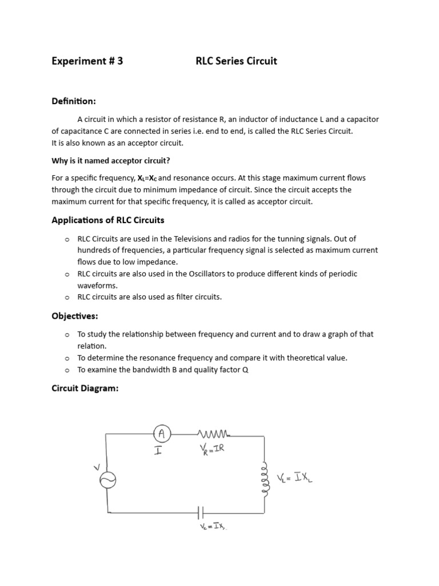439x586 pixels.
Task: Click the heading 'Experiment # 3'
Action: click(x=87, y=61)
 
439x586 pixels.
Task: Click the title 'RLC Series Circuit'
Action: click(x=236, y=61)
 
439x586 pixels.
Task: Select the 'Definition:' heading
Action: click(x=74, y=101)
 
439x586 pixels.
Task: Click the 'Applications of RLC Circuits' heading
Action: click(x=108, y=220)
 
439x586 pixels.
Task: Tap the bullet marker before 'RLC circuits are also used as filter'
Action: click(x=67, y=298)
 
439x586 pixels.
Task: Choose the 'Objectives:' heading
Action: click(x=75, y=316)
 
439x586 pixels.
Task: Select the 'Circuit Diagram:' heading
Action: click(x=85, y=389)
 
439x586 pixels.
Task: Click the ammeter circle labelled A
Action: click(x=162, y=434)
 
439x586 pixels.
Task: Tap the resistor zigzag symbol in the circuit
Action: click(x=213, y=433)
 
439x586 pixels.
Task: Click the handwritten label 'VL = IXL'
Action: click(x=294, y=478)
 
